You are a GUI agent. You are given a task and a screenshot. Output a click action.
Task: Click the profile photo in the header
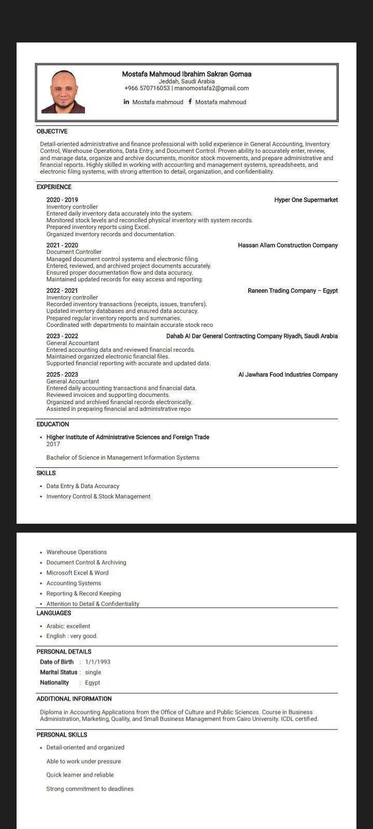tap(63, 92)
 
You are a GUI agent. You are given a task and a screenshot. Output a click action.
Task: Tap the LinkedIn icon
tap(126, 102)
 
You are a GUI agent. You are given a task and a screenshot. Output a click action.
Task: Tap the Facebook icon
tap(190, 102)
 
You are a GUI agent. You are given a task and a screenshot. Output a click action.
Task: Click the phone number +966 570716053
tap(147, 88)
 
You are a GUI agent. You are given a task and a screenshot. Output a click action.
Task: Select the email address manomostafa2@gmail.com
tap(211, 88)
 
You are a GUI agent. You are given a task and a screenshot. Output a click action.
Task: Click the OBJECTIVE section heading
tap(52, 132)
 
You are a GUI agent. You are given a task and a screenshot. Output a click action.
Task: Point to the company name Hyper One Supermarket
tap(306, 200)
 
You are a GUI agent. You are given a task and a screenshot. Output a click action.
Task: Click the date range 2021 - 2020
tap(62, 246)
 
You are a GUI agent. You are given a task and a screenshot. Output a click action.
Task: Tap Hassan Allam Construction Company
tap(288, 246)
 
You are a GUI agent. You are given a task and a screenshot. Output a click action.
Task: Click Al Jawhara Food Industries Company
tap(288, 375)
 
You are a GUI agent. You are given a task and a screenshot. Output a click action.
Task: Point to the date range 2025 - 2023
tap(62, 375)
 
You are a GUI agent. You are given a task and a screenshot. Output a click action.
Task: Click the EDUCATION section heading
tap(53, 424)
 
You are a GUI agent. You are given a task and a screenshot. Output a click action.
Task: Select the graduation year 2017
tap(53, 444)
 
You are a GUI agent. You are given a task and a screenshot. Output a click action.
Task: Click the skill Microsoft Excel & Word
tap(77, 573)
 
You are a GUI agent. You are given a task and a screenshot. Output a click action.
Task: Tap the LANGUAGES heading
tap(54, 613)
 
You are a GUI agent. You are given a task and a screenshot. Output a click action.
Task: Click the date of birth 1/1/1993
tap(97, 662)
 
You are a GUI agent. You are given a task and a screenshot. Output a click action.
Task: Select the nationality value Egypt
tap(92, 682)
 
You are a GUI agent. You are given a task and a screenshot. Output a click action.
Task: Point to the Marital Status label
tap(59, 672)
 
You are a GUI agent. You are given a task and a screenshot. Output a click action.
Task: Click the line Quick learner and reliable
tap(80, 775)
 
